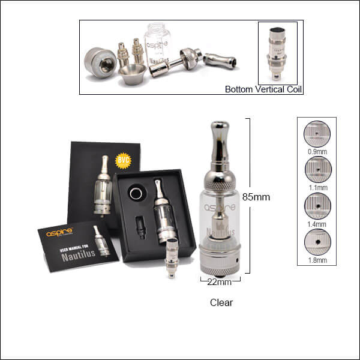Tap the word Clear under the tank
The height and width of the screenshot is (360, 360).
click(x=221, y=302)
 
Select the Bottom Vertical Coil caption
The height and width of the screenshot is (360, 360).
click(x=263, y=90)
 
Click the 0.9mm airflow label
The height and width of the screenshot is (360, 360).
click(x=316, y=152)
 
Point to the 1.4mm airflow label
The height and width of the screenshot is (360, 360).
click(x=316, y=224)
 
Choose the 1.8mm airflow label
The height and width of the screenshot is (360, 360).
click(x=316, y=260)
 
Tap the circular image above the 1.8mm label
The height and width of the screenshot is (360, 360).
click(x=316, y=242)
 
